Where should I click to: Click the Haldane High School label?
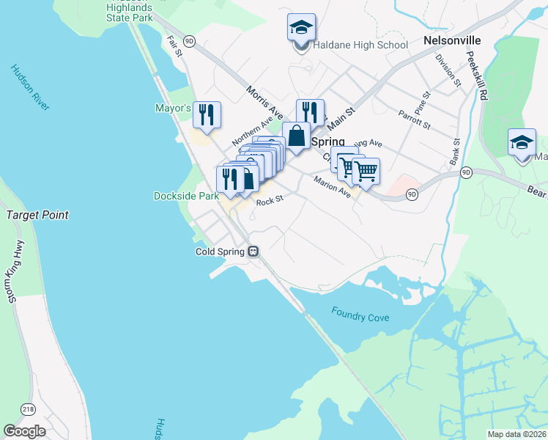[x=360, y=45]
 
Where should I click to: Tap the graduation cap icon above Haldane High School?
[x=301, y=29]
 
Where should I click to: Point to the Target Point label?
[x=37, y=215]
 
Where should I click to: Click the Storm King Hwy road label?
[x=12, y=271]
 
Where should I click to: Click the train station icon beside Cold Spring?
[x=253, y=251]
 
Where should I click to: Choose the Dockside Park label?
[x=186, y=197]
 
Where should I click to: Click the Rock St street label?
[x=269, y=199]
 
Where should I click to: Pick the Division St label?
[x=447, y=70]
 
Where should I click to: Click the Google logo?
[x=25, y=431]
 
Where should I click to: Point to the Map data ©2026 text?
[x=516, y=434]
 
